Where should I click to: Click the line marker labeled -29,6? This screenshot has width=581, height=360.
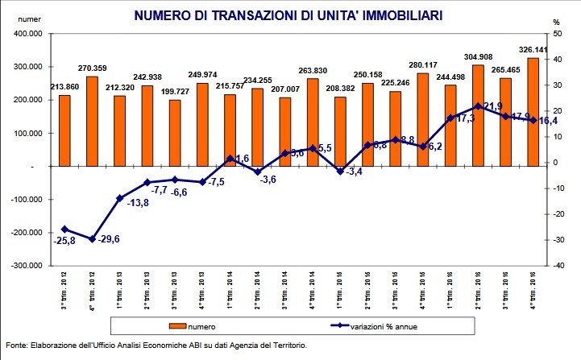[x=92, y=239]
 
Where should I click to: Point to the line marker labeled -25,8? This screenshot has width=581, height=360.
[x=64, y=230]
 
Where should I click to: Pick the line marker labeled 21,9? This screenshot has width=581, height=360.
[x=478, y=106]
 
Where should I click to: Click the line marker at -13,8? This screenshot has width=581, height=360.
[x=120, y=198]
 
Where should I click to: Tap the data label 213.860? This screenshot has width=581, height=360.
[x=64, y=86]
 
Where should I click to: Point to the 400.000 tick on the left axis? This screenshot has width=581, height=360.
[x=27, y=34]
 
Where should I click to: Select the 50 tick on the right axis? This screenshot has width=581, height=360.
[x=556, y=34]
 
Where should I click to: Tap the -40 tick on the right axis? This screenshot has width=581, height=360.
[x=556, y=265]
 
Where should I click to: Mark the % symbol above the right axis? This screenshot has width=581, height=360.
[x=556, y=22]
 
